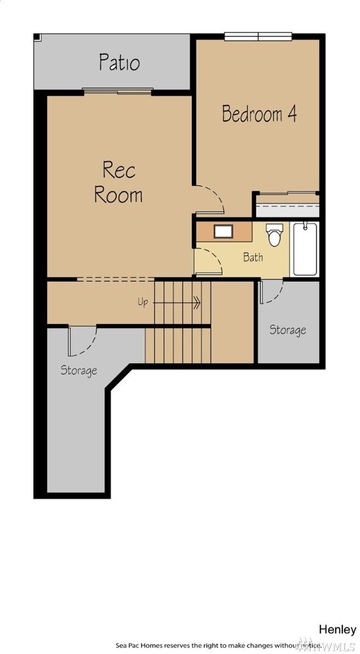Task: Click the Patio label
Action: coord(119,62)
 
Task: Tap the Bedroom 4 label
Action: coord(259,113)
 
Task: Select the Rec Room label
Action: coord(118,183)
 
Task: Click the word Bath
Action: coord(253,257)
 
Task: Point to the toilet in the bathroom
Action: coord(275,234)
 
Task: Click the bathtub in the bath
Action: coord(305,249)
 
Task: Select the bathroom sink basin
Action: coord(223,231)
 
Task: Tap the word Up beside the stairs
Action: coord(142,302)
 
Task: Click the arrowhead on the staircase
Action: coord(197,302)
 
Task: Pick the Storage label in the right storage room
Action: coord(288,330)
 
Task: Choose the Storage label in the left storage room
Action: coord(79,370)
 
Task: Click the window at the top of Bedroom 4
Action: coord(258,36)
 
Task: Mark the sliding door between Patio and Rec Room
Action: coord(118,91)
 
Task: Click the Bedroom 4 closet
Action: coord(288,205)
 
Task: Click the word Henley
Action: coord(338,629)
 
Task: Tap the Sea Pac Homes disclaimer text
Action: coord(219,645)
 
